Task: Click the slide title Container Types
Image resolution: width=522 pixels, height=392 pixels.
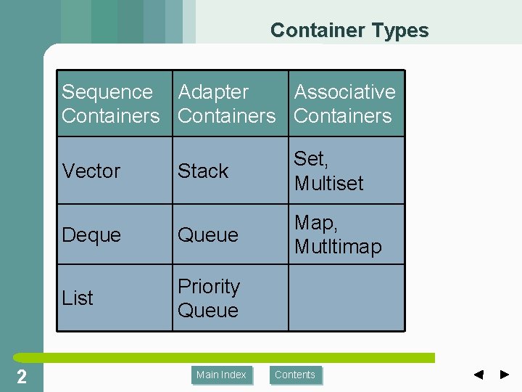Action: [x=349, y=30]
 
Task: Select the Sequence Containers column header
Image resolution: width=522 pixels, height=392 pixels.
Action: [x=111, y=104]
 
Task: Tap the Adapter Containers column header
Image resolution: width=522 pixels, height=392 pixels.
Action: [x=227, y=104]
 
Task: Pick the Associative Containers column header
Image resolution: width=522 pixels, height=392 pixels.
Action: [x=344, y=104]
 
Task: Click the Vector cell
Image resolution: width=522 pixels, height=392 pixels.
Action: [x=91, y=171]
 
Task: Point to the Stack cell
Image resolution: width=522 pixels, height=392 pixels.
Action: [x=203, y=171]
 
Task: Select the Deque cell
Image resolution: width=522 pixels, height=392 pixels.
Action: [x=91, y=235]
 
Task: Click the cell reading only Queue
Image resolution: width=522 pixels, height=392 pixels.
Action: [x=208, y=235]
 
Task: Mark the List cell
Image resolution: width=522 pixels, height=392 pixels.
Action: [x=78, y=298]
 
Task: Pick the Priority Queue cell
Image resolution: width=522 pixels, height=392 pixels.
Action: [x=209, y=298]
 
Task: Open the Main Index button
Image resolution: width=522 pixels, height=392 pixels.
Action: [x=221, y=375]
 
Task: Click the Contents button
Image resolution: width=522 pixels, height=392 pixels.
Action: [x=295, y=375]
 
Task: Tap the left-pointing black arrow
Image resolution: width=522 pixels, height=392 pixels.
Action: [x=478, y=375]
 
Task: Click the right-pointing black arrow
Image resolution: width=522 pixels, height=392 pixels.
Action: [x=505, y=375]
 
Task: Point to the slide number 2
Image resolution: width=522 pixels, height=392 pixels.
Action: [x=22, y=376]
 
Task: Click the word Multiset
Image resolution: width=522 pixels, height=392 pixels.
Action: [x=329, y=184]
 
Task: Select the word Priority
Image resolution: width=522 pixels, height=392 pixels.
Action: [x=209, y=287]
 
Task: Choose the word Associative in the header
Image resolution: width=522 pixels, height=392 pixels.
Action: [x=344, y=92]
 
